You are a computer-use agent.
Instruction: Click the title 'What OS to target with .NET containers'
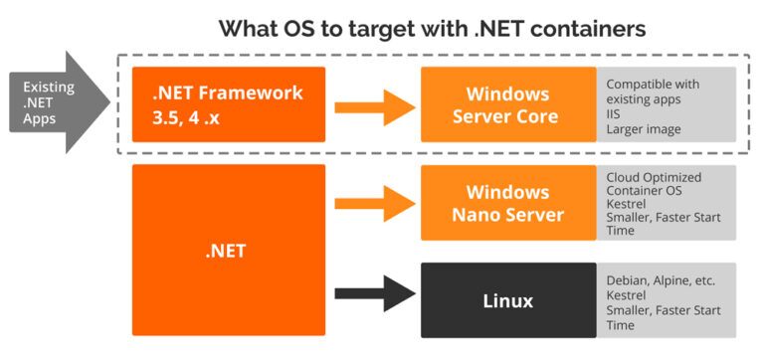433,28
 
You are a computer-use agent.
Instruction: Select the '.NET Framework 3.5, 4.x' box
229,104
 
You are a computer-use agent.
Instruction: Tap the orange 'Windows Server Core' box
508,104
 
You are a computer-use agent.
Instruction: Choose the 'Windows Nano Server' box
508,203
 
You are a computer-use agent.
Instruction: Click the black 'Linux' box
508,299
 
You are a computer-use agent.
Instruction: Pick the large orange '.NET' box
229,251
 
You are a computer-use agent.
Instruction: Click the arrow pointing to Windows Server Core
373,104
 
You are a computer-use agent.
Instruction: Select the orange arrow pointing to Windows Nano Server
373,203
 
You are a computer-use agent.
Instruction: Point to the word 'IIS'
614,115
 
